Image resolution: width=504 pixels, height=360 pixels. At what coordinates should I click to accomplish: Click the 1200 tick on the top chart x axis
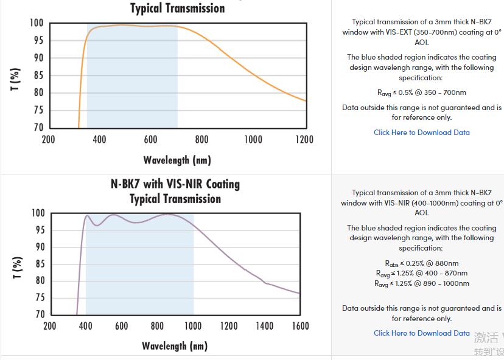304,139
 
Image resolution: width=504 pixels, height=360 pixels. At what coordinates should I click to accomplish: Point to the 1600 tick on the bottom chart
301,326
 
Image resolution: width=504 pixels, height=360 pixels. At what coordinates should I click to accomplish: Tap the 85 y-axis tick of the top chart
38,75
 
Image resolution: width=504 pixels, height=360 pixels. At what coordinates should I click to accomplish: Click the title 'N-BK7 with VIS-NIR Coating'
175,184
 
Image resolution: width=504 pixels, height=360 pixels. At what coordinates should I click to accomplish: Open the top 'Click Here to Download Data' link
421,132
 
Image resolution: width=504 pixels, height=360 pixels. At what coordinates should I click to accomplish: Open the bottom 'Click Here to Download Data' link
421,333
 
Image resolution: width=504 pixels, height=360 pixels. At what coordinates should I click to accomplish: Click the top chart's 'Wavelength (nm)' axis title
177,160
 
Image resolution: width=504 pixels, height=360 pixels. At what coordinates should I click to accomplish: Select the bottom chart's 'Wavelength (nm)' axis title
175,345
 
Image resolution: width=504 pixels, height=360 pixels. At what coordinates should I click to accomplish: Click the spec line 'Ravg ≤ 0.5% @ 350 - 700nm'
421,92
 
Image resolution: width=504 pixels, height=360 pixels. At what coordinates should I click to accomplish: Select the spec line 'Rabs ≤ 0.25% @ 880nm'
421,263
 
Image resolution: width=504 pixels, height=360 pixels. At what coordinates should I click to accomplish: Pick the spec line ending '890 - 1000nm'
421,283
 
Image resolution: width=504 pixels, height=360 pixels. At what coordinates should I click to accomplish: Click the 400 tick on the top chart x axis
99,139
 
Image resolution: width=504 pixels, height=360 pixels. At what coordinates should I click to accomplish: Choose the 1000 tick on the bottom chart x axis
193,326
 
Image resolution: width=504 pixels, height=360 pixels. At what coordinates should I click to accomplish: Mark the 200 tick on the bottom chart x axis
50,326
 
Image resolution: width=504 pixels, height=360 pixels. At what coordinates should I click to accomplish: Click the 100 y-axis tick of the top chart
36,23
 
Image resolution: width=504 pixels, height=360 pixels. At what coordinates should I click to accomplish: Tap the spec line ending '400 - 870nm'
421,273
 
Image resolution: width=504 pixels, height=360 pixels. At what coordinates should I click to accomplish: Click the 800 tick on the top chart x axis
201,139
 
